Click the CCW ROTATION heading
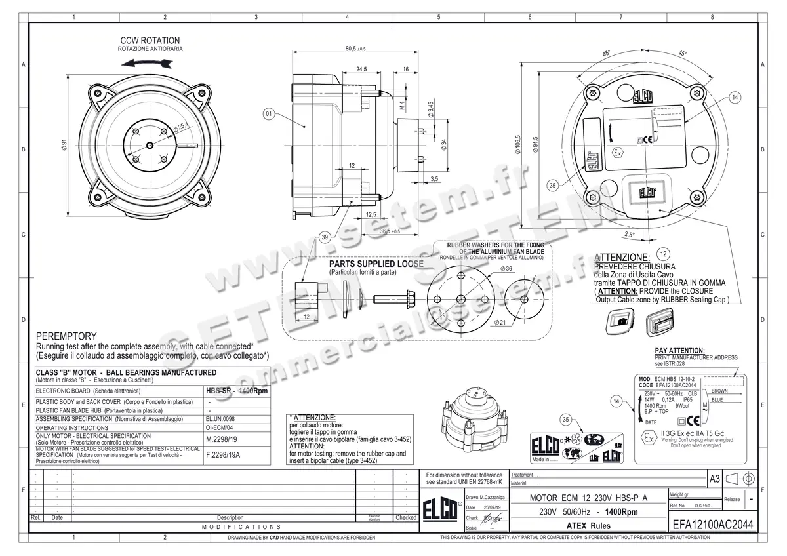150,40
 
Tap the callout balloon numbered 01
269,114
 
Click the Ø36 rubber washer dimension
487,269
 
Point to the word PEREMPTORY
66,336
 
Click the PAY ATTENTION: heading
679,351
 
